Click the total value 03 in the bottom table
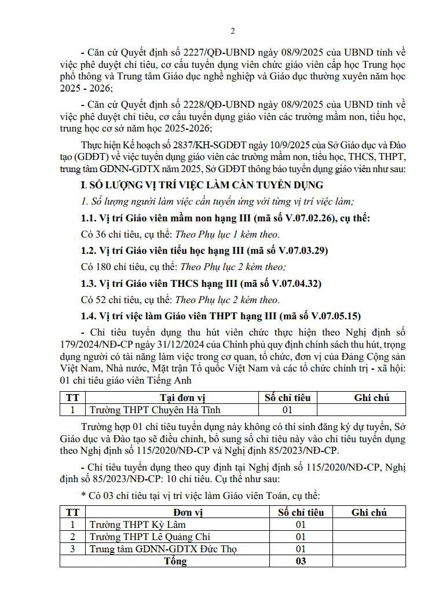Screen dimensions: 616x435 point(300,561)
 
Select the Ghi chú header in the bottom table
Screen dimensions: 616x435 point(369,512)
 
